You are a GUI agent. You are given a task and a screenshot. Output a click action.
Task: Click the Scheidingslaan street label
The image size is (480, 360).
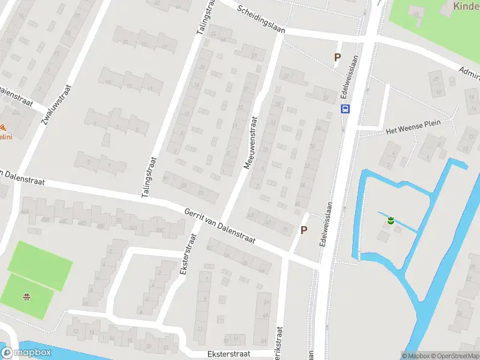click(260, 20)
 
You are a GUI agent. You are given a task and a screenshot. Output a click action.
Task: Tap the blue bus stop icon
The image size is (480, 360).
click(346, 109)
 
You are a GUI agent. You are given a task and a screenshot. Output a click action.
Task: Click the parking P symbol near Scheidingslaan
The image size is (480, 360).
click(337, 58)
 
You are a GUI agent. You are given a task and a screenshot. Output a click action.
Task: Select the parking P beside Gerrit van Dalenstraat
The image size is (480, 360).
click(304, 230)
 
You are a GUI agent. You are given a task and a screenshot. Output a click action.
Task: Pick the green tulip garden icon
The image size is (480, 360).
click(391, 221)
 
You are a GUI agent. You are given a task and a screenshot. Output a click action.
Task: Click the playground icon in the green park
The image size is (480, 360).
click(26, 296)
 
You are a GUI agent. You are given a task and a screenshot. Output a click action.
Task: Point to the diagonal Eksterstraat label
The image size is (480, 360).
click(187, 254)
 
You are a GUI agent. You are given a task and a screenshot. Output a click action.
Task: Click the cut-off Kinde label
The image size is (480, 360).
click(466, 7)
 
